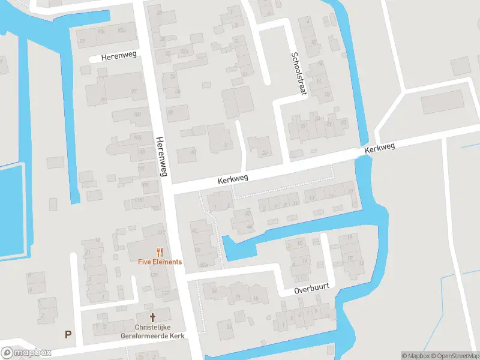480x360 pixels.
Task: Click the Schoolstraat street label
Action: (298, 73)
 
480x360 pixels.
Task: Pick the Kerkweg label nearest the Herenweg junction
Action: (233, 179)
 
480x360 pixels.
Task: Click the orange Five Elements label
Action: (160, 262)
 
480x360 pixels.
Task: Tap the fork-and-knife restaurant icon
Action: (160, 252)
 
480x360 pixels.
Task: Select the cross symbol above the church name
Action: (152, 316)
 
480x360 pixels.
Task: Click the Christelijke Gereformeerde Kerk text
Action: (152, 332)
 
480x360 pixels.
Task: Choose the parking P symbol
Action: (68, 334)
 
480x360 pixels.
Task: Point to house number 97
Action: (133, 91)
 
